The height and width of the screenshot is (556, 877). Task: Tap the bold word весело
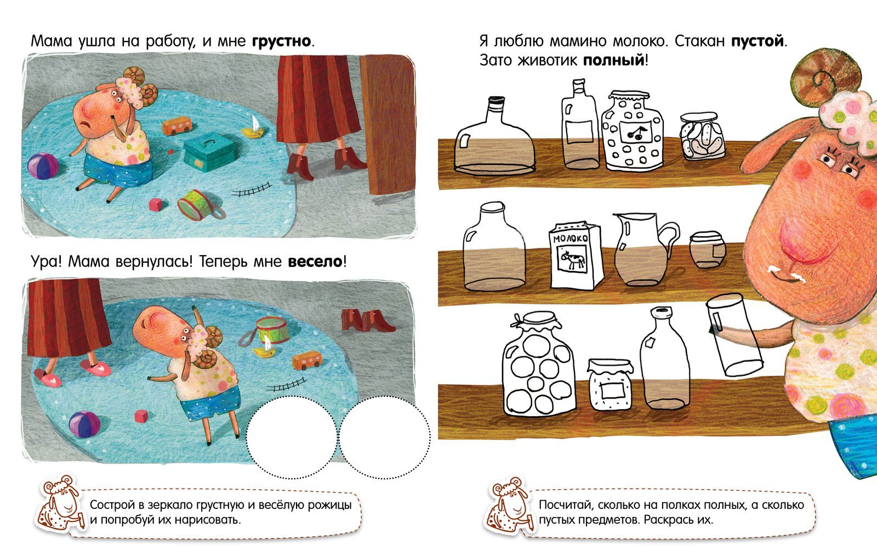(315, 262)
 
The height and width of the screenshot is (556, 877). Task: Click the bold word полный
(613, 60)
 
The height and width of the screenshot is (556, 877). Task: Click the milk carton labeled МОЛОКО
(575, 256)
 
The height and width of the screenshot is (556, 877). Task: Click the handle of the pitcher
(670, 238)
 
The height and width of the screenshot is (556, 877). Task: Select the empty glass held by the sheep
(734, 335)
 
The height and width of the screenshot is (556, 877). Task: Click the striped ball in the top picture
(43, 166)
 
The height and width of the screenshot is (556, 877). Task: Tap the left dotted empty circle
(292, 437)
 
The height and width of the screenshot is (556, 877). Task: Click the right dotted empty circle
(384, 437)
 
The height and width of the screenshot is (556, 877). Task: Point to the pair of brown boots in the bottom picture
(367, 320)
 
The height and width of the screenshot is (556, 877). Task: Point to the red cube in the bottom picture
(141, 416)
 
